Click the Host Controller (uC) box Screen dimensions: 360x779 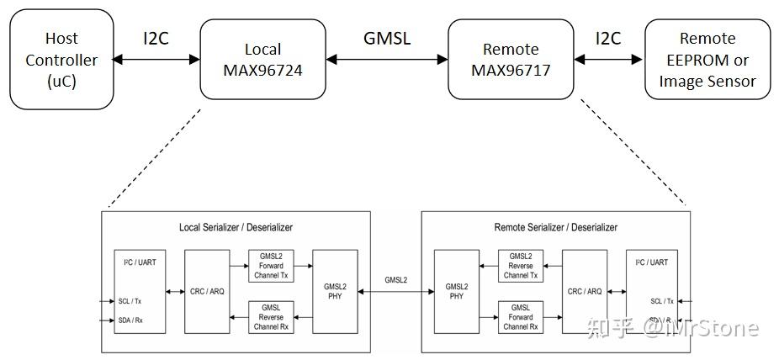tap(61, 60)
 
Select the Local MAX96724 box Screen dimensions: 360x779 tap(262, 60)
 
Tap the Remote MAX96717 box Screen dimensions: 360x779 tap(511, 60)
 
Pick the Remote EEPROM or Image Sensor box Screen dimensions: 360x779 tap(707, 60)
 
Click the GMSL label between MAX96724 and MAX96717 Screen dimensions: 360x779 tap(387, 38)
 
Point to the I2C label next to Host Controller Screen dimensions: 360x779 tap(156, 38)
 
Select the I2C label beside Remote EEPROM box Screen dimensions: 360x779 tap(608, 38)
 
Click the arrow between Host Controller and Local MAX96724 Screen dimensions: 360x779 tap(156, 60)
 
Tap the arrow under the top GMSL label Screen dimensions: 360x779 tap(387, 60)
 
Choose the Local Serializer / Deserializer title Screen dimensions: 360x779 tap(236, 227)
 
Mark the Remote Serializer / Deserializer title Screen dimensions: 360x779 tap(555, 227)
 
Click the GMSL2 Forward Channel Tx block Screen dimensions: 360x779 tap(270, 266)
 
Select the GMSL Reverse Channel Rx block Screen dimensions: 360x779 tap(270, 316)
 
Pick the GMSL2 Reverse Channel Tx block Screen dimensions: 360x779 tap(521, 266)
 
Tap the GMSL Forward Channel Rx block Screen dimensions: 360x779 tap(521, 316)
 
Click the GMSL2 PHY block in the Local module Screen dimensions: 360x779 tap(334, 291)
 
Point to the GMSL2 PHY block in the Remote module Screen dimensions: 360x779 tap(456, 291)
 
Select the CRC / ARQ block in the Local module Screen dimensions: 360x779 tap(206, 291)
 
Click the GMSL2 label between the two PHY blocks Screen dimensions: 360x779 tap(396, 279)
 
